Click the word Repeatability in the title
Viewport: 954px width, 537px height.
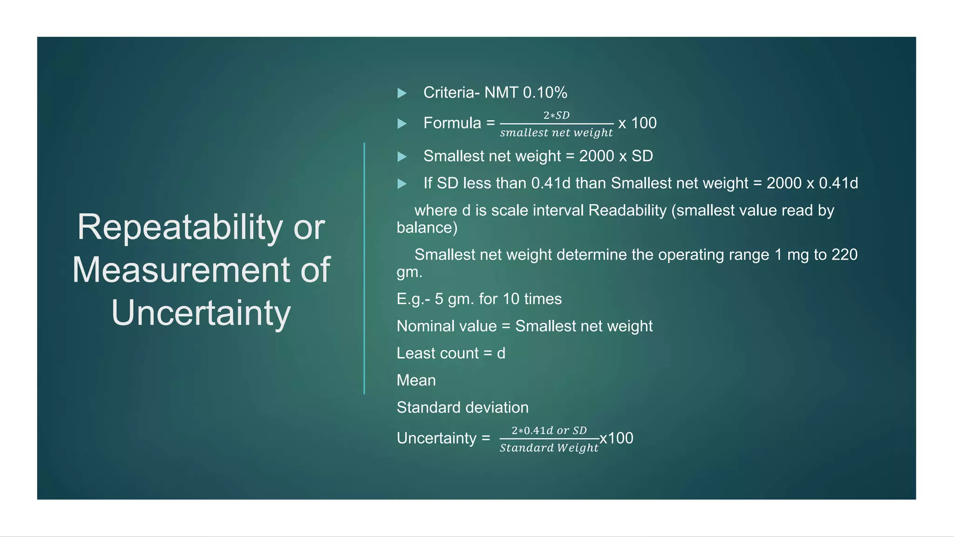(x=180, y=227)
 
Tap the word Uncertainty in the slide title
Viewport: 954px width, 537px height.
(x=201, y=313)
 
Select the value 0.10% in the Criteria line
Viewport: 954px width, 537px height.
(x=545, y=93)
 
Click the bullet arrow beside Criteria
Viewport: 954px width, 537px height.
(x=402, y=93)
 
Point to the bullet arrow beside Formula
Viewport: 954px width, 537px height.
(x=402, y=124)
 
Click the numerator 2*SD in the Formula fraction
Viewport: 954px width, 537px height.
(x=557, y=115)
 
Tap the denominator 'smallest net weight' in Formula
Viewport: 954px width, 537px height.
(x=557, y=133)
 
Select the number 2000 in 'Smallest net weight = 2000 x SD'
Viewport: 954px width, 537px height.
(x=596, y=156)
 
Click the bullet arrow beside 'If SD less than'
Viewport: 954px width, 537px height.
(x=402, y=184)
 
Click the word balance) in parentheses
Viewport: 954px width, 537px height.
(x=427, y=228)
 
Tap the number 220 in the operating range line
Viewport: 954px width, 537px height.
(x=844, y=255)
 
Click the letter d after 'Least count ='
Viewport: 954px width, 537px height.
(x=501, y=353)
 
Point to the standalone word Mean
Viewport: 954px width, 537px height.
(x=416, y=380)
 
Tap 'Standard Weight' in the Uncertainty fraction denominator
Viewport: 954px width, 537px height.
(x=549, y=448)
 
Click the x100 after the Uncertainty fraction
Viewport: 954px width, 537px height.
(x=616, y=438)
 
